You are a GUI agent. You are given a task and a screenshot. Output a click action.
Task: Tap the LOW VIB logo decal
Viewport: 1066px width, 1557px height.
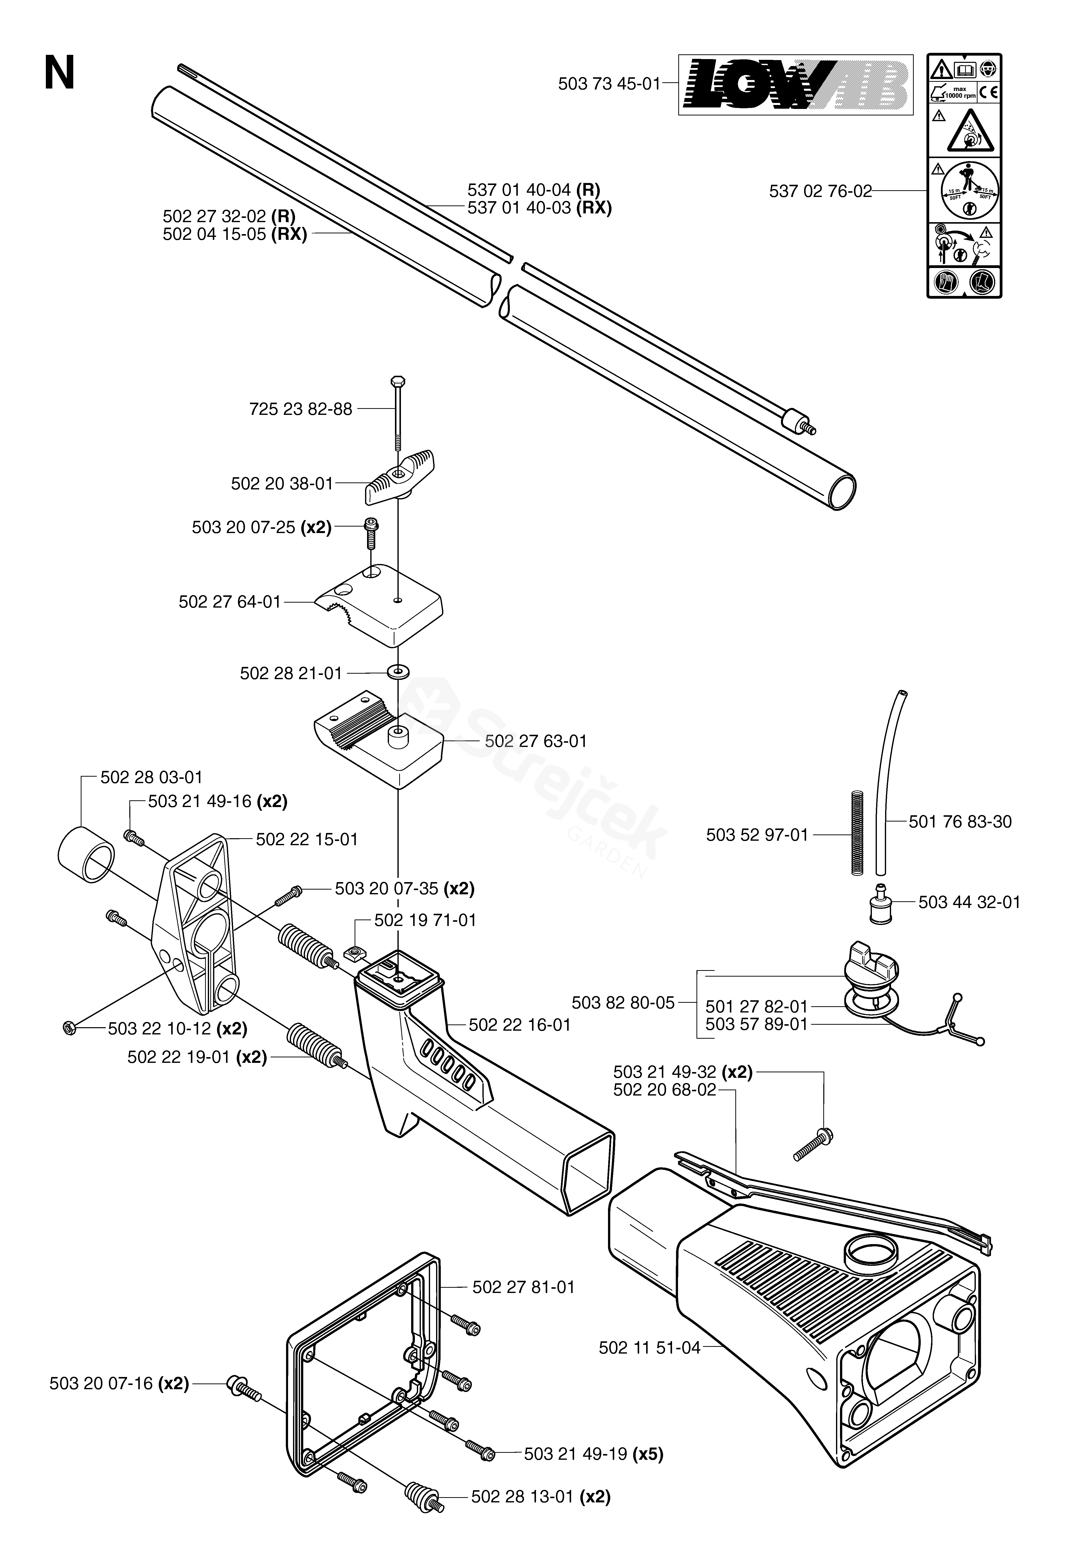(x=795, y=85)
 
